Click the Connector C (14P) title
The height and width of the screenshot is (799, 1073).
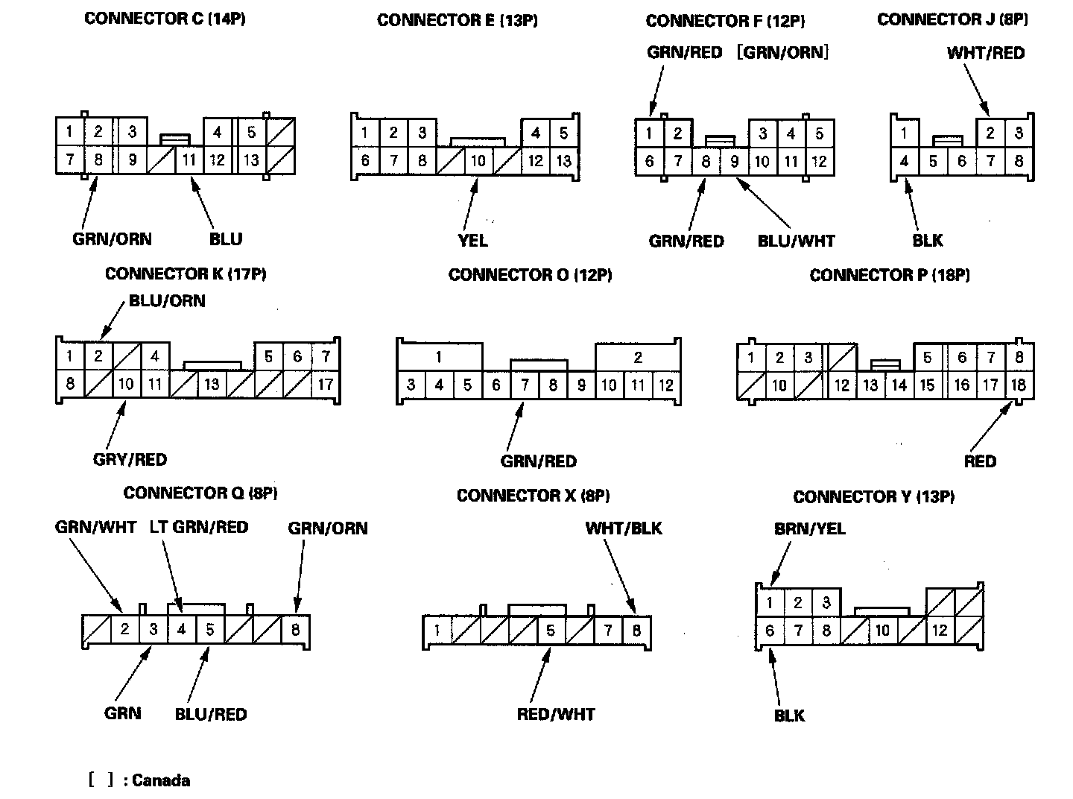(165, 19)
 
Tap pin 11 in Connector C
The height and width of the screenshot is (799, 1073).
(189, 160)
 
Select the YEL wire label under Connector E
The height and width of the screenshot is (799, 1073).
(472, 240)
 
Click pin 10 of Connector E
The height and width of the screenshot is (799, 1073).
(478, 161)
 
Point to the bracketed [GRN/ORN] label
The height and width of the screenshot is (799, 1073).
(782, 52)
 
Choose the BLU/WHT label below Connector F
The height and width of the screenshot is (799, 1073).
(796, 241)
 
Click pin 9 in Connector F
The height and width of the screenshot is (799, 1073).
(734, 162)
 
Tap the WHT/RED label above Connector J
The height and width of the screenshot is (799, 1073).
(985, 53)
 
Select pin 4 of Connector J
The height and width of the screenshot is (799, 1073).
(904, 161)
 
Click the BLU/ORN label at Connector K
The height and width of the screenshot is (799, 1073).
(167, 301)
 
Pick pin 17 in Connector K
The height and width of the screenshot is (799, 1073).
(326, 385)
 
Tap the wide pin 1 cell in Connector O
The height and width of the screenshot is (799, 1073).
(439, 357)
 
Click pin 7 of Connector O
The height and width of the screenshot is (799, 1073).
(525, 385)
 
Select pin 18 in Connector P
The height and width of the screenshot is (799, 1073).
(1018, 385)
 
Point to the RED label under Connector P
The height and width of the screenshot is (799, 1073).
(979, 461)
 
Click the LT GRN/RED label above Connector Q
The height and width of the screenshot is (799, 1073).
(199, 527)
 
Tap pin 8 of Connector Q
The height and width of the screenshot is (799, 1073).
(295, 630)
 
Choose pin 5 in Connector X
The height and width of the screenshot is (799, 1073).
(550, 631)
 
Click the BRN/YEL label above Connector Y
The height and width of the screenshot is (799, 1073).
(810, 528)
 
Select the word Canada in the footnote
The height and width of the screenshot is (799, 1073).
(161, 780)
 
